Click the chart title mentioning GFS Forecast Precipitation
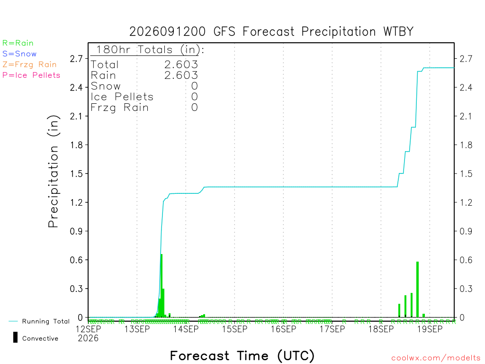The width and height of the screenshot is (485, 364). (x=271, y=32)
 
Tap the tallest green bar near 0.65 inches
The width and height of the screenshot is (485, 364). (x=162, y=285)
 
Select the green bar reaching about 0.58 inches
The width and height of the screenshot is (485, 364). (x=418, y=290)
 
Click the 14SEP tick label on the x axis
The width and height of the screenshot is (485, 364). (x=186, y=329)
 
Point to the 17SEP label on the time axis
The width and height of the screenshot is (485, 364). (x=332, y=329)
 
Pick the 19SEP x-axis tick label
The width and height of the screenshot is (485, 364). (x=430, y=329)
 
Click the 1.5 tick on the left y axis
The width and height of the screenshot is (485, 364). (x=76, y=173)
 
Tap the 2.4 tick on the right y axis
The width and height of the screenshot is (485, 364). (x=466, y=87)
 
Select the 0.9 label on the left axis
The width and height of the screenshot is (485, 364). (x=76, y=231)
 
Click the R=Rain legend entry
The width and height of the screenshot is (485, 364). (x=18, y=43)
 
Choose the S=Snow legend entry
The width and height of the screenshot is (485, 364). (x=19, y=54)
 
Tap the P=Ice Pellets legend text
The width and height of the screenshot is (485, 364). (x=31, y=75)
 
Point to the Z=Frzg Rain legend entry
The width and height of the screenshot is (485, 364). (x=29, y=64)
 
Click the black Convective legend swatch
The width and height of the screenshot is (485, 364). (x=15, y=337)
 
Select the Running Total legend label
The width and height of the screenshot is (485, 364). (x=46, y=321)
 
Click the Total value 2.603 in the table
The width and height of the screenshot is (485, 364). (x=181, y=64)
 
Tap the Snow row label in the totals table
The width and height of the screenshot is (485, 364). (x=106, y=86)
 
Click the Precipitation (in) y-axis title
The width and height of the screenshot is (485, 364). (x=53, y=172)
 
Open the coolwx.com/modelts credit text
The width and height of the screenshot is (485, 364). (x=436, y=358)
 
